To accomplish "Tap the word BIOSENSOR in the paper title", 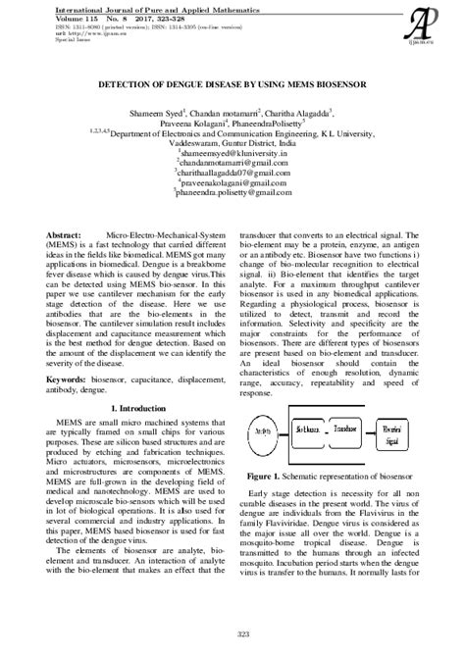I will click(326, 85).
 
